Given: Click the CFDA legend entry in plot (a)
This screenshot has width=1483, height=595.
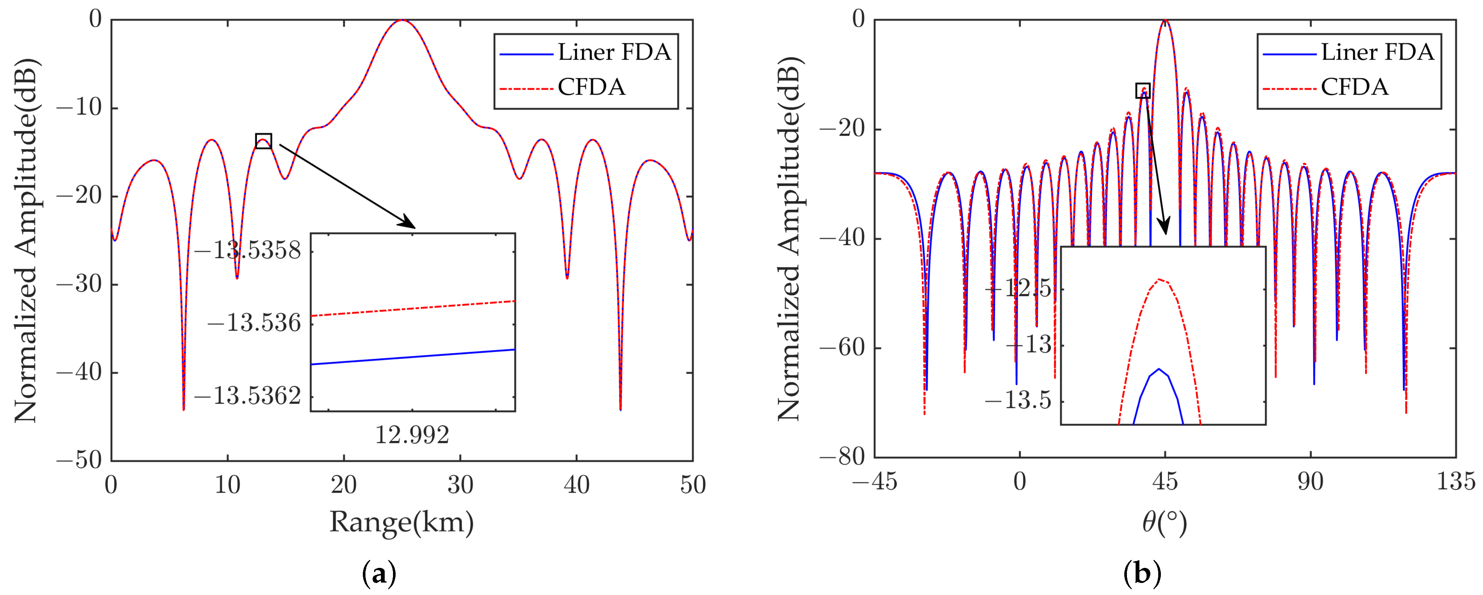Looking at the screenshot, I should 591,87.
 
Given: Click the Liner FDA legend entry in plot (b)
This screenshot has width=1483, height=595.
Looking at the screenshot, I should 1376,52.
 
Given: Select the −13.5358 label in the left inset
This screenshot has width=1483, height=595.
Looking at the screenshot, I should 248,250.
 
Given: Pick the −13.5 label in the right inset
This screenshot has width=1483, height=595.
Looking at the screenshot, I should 1018,400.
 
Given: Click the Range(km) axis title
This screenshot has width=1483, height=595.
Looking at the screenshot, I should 401,522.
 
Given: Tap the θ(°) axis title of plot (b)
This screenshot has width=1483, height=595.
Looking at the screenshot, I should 1164,522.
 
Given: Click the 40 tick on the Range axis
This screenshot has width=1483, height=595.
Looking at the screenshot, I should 576,485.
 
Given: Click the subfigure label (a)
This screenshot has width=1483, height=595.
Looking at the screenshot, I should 379,573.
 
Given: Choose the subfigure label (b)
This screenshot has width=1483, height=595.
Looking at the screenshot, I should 1142,573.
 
